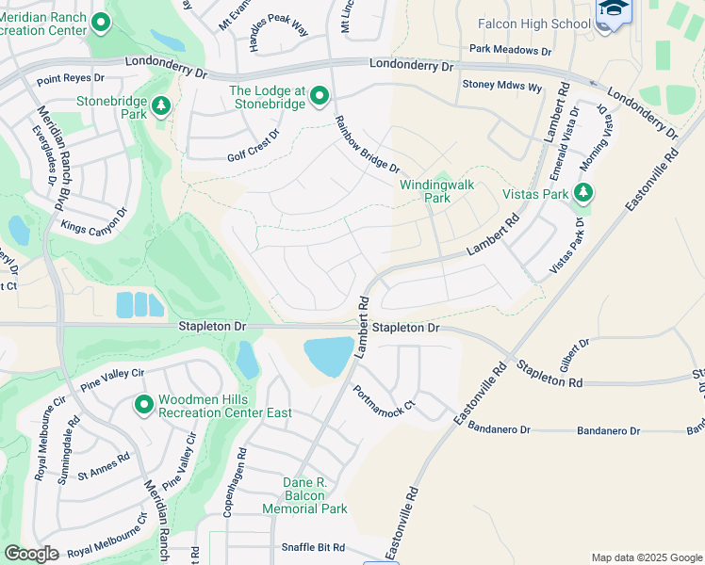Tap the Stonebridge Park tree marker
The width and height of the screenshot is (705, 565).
click(x=161, y=106)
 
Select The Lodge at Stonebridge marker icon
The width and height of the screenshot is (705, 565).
click(x=320, y=96)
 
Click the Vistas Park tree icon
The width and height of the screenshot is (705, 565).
click(x=583, y=193)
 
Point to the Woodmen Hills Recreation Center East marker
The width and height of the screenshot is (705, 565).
click(x=144, y=405)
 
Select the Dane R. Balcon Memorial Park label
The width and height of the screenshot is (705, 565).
click(x=316, y=495)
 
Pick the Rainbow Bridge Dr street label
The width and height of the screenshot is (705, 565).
click(x=368, y=144)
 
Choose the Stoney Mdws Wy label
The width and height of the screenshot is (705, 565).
click(x=501, y=86)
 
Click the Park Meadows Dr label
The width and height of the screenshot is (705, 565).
click(x=510, y=50)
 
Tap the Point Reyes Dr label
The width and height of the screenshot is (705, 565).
click(x=70, y=82)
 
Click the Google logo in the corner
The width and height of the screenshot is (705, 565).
click(x=32, y=554)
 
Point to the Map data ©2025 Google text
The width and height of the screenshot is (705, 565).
click(x=646, y=557)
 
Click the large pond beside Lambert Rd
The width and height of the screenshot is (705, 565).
click(x=330, y=356)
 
